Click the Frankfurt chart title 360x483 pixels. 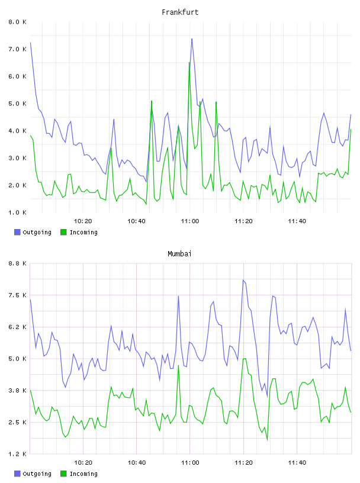[180, 12]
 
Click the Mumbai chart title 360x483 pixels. [179, 254]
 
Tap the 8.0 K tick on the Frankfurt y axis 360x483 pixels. [17, 22]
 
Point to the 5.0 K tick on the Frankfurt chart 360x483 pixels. [17, 104]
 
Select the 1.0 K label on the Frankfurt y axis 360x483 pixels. [17, 212]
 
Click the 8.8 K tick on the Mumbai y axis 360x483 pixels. [17, 263]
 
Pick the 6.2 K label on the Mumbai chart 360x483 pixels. [17, 327]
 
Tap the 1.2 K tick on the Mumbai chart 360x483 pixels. [17, 454]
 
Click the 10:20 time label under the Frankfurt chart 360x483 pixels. [83, 221]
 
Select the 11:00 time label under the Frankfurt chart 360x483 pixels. [190, 221]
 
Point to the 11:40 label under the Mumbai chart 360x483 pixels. [297, 463]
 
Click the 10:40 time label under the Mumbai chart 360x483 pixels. [137, 463]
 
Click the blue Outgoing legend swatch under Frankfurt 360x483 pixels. [17, 232]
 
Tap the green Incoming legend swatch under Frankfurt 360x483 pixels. [63, 232]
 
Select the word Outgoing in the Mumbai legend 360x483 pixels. [37, 474]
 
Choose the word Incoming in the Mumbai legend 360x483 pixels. [83, 474]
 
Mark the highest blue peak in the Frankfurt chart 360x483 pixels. [192, 39]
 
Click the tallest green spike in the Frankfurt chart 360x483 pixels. [189, 63]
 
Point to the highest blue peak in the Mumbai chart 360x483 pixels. [243, 280]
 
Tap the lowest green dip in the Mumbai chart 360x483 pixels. [267, 440]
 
